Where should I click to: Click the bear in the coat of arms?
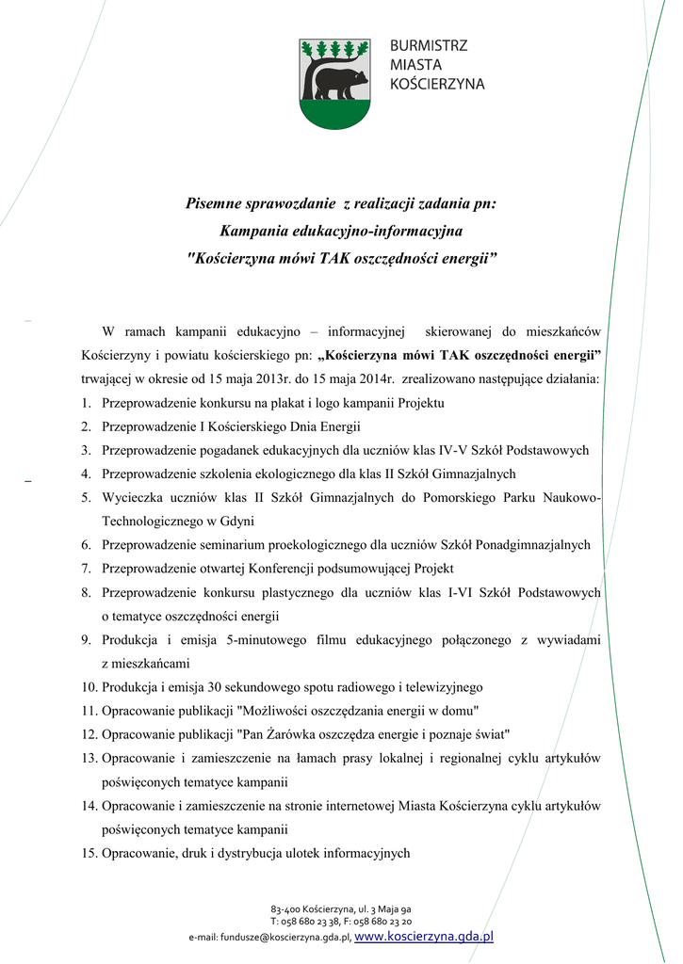point(340,82)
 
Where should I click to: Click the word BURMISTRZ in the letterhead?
point(429,45)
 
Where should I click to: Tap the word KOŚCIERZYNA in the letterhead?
point(437,84)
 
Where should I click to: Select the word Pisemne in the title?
point(216,202)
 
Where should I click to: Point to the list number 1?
point(85,403)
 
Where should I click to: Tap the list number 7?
point(85,568)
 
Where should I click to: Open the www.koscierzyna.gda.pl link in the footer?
point(425,936)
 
